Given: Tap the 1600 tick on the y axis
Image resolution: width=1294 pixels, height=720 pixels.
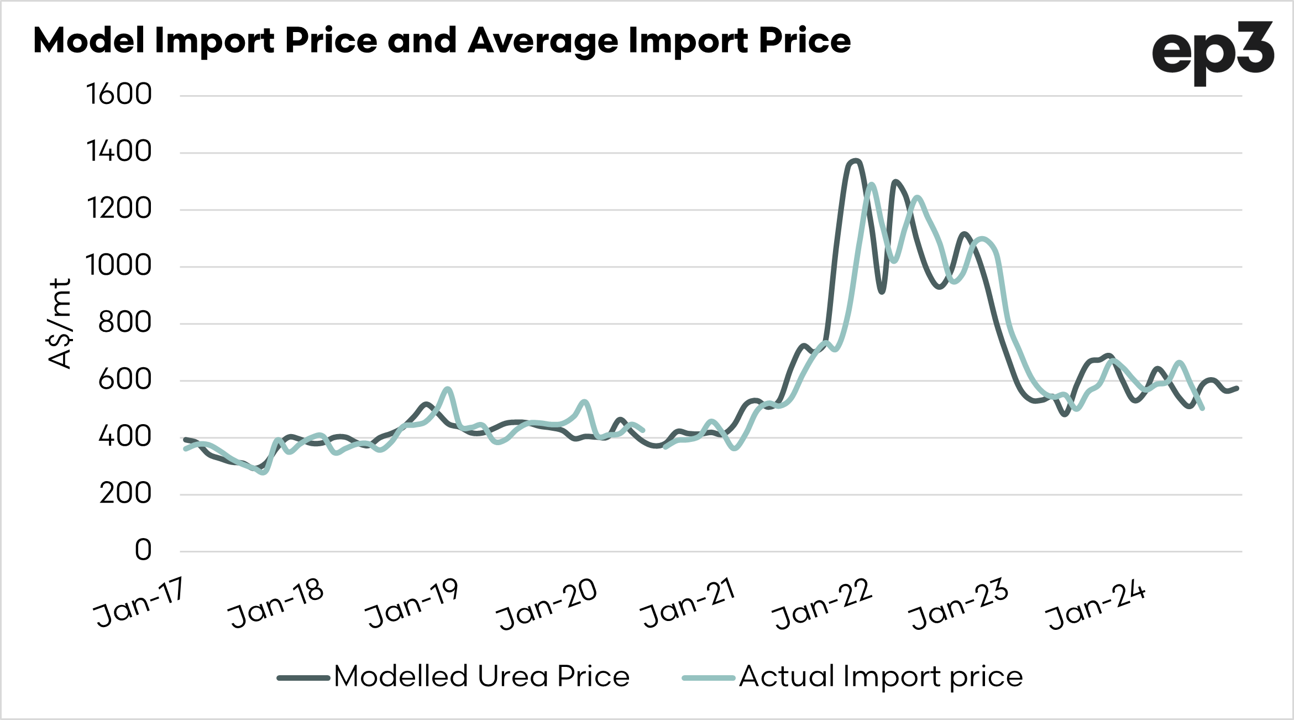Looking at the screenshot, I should point(119,94).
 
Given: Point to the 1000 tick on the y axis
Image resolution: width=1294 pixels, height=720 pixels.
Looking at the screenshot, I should point(119,265).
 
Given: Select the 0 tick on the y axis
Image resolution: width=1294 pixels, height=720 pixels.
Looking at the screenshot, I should point(143,550).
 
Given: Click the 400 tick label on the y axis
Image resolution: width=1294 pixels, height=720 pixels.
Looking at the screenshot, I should point(125,436).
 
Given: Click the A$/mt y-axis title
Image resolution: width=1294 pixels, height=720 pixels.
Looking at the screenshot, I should point(60,324).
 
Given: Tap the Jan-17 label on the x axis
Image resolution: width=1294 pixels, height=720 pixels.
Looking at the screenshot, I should point(139,603).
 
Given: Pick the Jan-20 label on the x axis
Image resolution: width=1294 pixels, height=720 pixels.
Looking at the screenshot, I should point(547,603).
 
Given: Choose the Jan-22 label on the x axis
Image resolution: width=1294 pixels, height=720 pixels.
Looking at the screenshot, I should point(822,604).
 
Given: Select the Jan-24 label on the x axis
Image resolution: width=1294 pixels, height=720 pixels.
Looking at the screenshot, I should point(1096,604).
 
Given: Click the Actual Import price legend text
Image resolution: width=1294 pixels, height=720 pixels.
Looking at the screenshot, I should point(881,676).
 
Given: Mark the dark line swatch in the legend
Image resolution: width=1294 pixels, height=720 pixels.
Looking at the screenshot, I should point(303,678).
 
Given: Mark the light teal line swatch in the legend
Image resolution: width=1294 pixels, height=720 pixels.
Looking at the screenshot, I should point(709,678).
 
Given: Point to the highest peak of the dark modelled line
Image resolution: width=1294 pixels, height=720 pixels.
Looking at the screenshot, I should point(856,161).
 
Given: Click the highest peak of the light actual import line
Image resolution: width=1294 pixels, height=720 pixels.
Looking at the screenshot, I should point(872,184).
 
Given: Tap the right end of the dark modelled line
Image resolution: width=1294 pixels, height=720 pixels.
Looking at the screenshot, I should point(1237,388).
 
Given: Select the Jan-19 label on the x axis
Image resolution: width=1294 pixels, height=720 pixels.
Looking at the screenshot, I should point(412,603).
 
